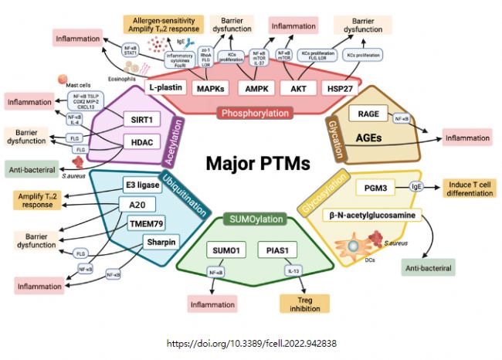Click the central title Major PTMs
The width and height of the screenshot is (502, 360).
coord(257,165)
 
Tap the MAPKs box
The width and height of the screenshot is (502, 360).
coord(212,90)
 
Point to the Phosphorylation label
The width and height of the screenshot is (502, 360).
coord(255,114)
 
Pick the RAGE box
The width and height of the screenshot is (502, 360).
coord(369,114)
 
